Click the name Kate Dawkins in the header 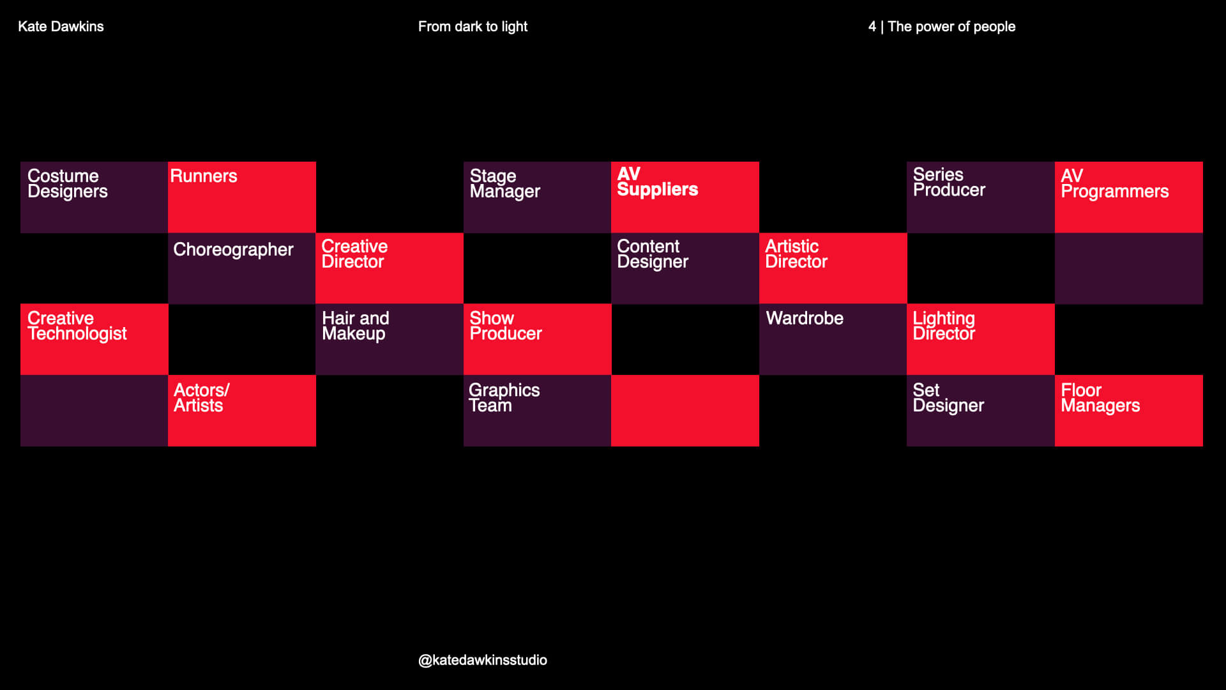point(61,26)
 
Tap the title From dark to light point(473,26)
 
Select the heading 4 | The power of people point(941,26)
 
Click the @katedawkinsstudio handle point(482,660)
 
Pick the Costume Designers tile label point(67,183)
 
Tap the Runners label point(204,176)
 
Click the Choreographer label point(233,249)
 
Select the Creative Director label point(354,254)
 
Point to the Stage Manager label point(504,183)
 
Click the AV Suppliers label point(657,182)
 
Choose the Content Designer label point(652,254)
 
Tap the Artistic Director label point(796,254)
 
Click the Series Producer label point(949,182)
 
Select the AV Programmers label point(1114,183)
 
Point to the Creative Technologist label point(77,326)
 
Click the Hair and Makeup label point(355,326)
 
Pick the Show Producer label point(505,326)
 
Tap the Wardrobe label point(805,318)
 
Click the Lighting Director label point(944,326)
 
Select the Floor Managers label point(1100,397)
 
